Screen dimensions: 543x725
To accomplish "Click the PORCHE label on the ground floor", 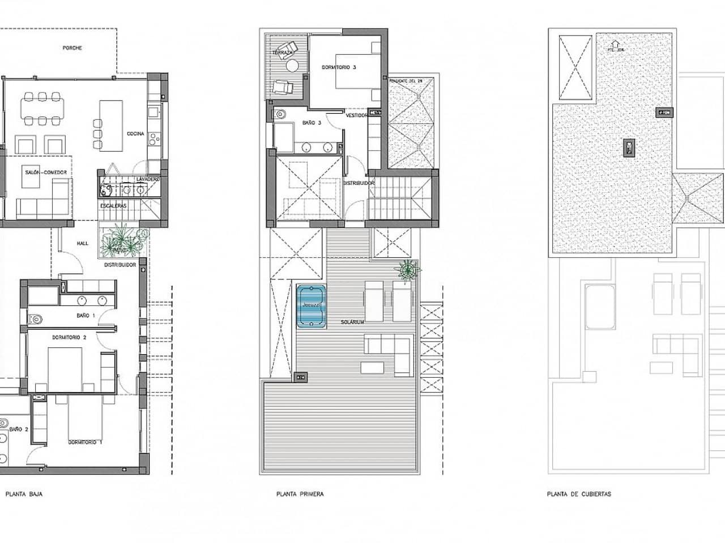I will point(72,48).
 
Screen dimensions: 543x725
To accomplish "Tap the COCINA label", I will point(135,134).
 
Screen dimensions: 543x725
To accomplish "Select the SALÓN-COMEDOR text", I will point(46,172).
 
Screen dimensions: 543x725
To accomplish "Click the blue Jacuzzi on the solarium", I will point(311,306).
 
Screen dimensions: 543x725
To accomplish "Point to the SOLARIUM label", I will point(352,322).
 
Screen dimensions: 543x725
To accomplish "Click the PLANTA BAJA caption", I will point(24,494).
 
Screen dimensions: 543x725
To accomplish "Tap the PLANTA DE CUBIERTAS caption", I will point(579,494).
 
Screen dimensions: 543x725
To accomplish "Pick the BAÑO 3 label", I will point(312,122).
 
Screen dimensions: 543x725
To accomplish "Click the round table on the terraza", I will point(292,67).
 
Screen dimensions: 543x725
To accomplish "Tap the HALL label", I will point(83,243).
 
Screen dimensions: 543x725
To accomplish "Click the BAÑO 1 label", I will point(86,315).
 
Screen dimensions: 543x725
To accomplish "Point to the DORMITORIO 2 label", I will point(69,338).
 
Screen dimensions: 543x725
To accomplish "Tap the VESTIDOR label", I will point(357,115).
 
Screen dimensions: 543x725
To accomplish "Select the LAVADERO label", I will point(148,179).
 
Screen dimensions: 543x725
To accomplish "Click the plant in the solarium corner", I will point(407,270).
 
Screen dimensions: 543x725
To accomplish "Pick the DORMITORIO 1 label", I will point(85,442).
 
